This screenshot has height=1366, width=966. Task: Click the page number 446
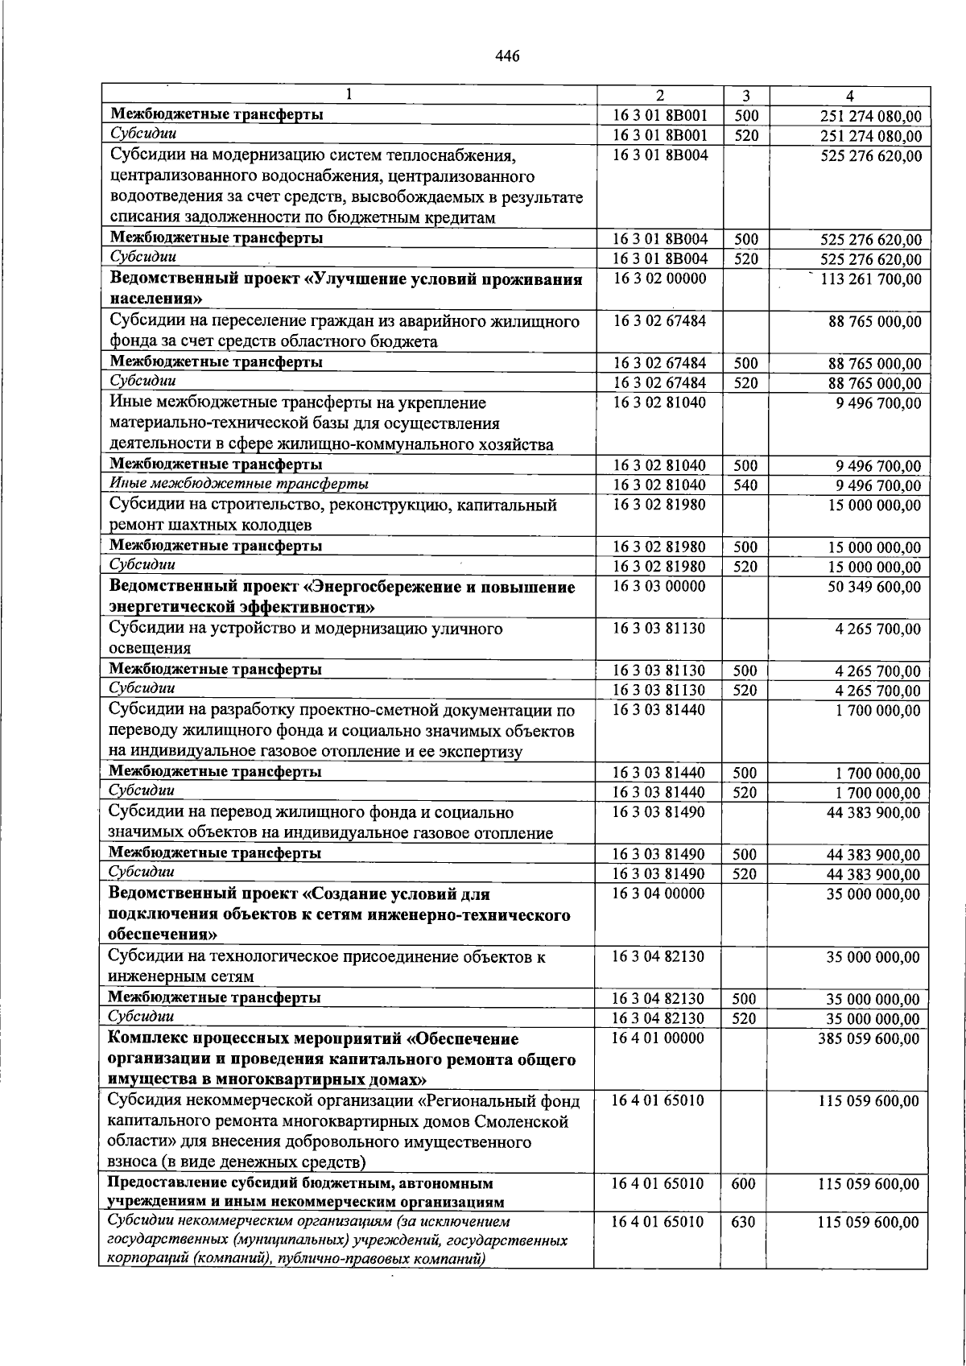point(507,56)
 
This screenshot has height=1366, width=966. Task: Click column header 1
point(349,95)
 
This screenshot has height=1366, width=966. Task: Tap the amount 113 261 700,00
point(870,280)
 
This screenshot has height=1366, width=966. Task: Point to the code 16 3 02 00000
point(658,279)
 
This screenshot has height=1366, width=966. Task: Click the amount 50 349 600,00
point(874,588)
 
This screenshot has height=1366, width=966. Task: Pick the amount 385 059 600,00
point(869,1039)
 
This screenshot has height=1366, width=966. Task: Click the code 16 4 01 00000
point(658,1038)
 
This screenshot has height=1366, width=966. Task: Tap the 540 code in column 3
point(745,485)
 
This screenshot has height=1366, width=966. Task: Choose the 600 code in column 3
point(744,1184)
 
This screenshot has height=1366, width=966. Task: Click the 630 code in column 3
point(744,1223)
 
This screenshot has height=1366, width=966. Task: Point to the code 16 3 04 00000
point(658,893)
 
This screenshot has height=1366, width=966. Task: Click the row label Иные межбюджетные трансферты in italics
point(239,484)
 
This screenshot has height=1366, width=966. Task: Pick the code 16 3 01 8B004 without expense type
point(660,155)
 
